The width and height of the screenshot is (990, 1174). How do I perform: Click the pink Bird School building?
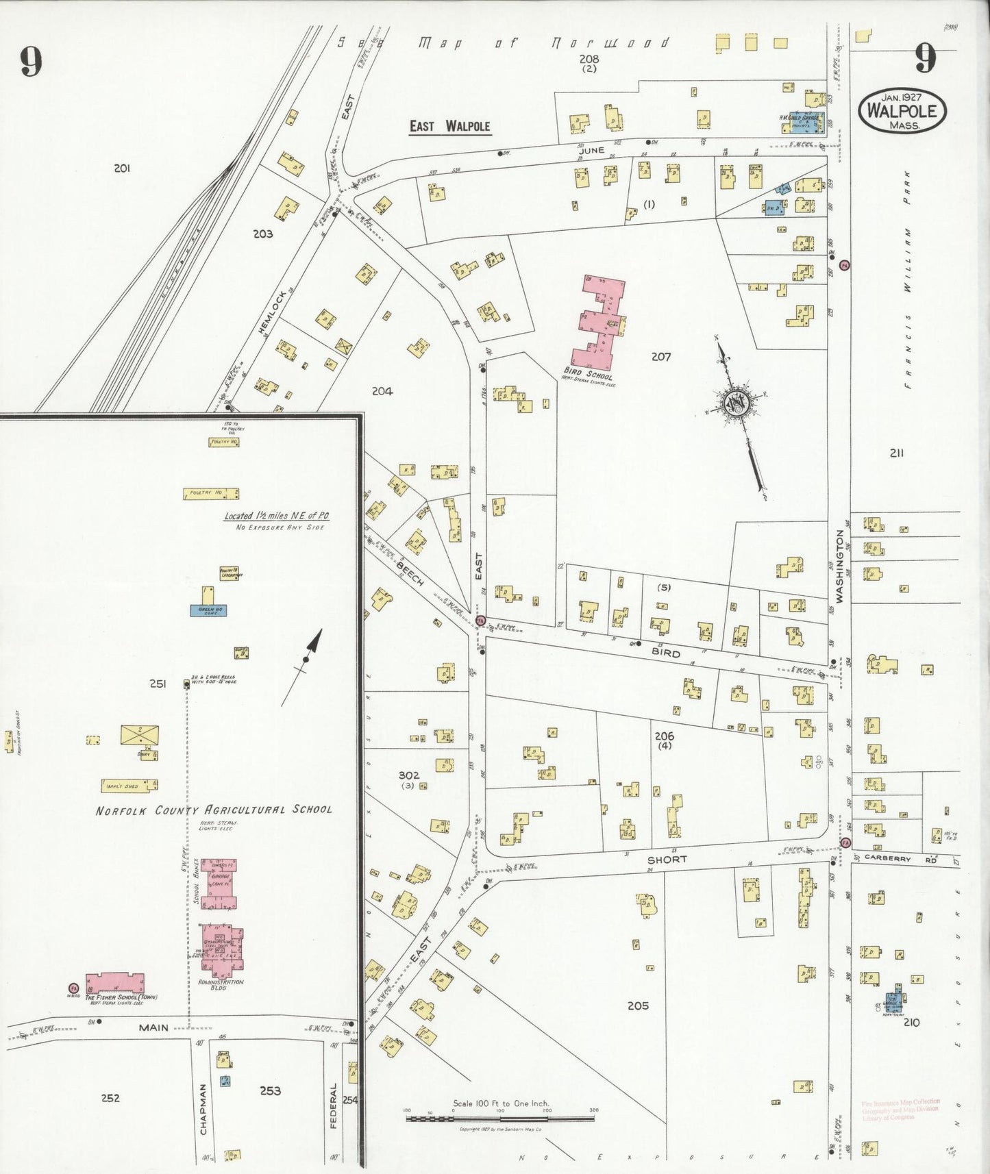pos(598,322)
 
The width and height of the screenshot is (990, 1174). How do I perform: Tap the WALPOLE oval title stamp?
pos(902,110)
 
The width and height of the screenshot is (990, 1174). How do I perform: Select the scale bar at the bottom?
pos(500,1119)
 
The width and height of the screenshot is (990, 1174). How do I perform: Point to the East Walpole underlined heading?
pos(449,126)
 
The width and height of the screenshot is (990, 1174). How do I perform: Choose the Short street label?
pos(667,859)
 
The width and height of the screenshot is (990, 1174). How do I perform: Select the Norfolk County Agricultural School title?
pos(214,810)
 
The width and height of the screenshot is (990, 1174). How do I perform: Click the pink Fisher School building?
pos(115,983)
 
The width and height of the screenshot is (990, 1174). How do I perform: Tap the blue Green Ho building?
pos(208,610)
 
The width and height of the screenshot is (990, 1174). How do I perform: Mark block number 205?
pos(638,1006)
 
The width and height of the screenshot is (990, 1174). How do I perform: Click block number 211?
pos(896,453)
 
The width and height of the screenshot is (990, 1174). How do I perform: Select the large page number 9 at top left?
pos(31,62)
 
